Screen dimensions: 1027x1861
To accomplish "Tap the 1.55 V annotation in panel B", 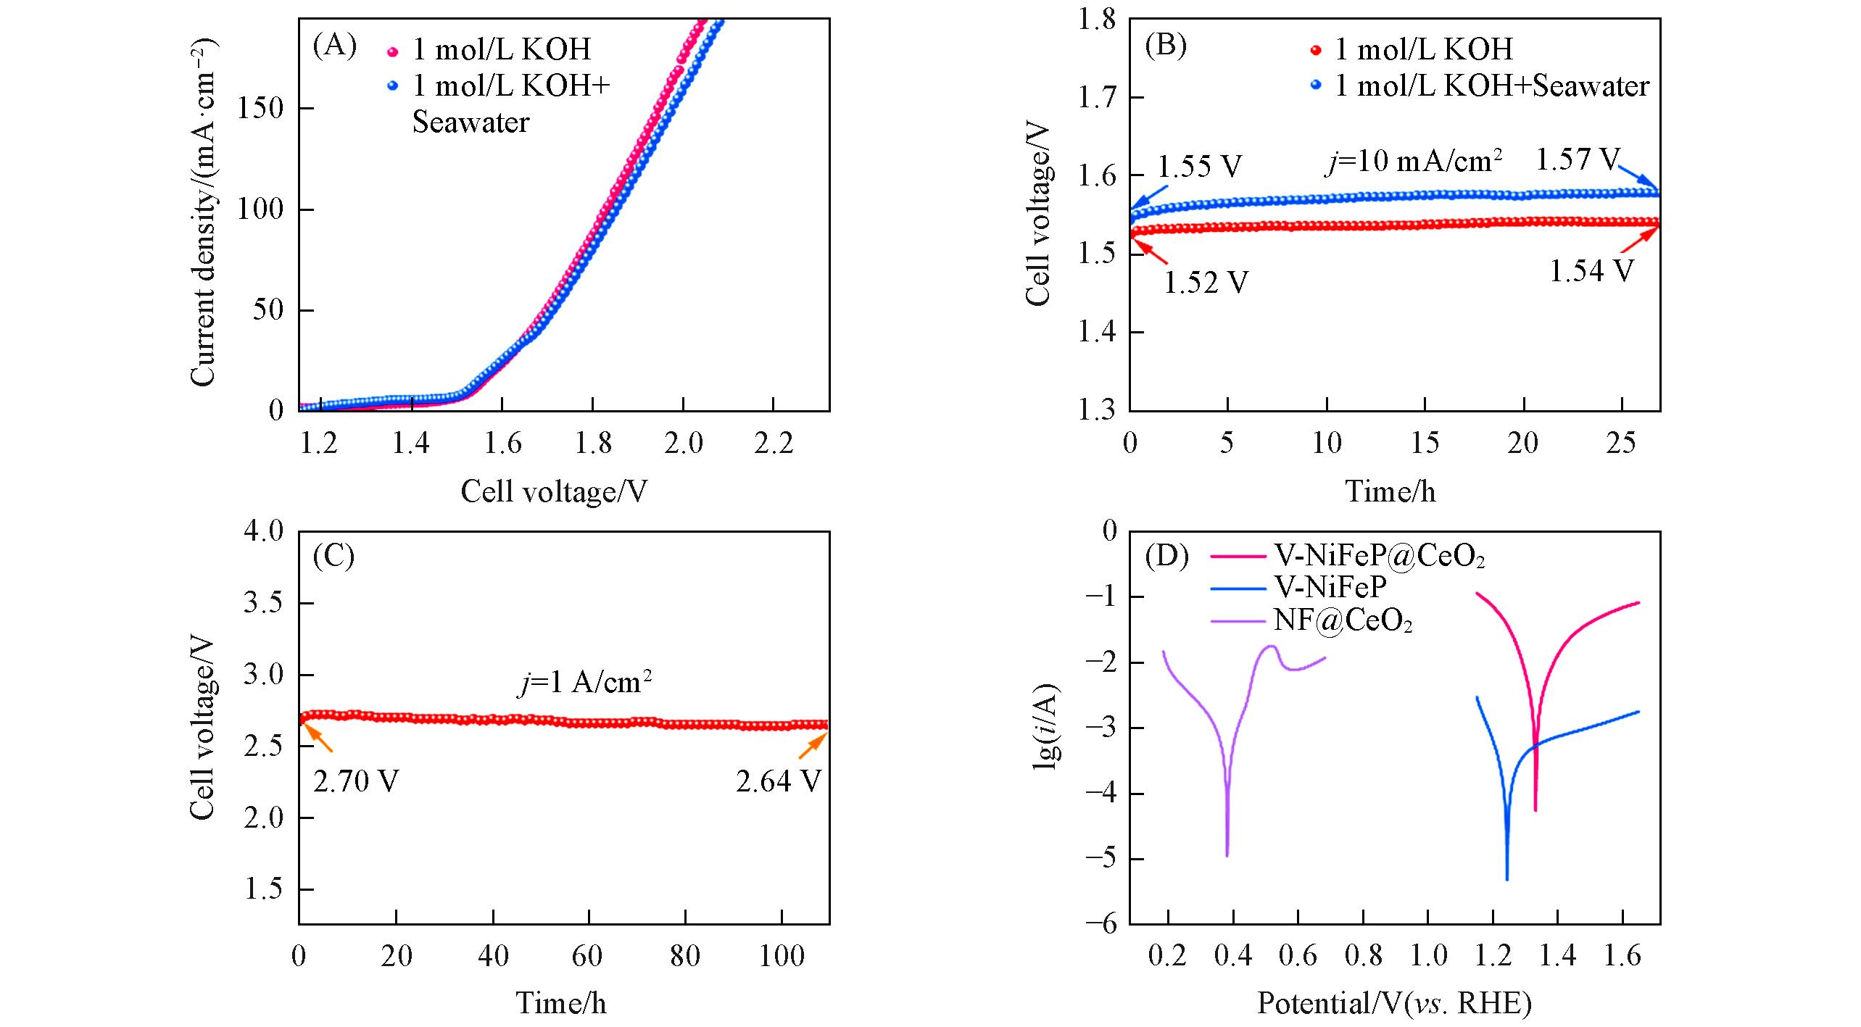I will click(x=1199, y=167).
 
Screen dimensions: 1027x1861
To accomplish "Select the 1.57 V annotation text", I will click(x=1578, y=159).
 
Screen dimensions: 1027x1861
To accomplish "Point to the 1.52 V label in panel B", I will click(x=1206, y=283).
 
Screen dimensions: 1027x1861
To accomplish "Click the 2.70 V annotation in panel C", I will click(x=356, y=781).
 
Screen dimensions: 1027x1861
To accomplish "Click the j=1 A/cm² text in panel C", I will click(x=584, y=682).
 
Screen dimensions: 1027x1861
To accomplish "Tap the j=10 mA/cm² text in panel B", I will click(x=1413, y=161).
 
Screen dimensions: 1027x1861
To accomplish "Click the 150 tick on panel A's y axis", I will click(x=260, y=109).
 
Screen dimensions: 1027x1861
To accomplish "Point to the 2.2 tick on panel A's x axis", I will click(x=774, y=444).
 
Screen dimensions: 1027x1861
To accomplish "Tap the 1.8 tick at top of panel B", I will click(x=1096, y=20).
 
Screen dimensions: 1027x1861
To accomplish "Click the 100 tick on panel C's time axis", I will click(x=782, y=957).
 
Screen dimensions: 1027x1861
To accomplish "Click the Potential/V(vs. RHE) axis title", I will click(x=1394, y=1003).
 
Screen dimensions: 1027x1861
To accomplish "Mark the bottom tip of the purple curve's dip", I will click(x=1227, y=855).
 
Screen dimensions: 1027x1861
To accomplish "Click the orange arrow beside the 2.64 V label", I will click(x=812, y=745).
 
